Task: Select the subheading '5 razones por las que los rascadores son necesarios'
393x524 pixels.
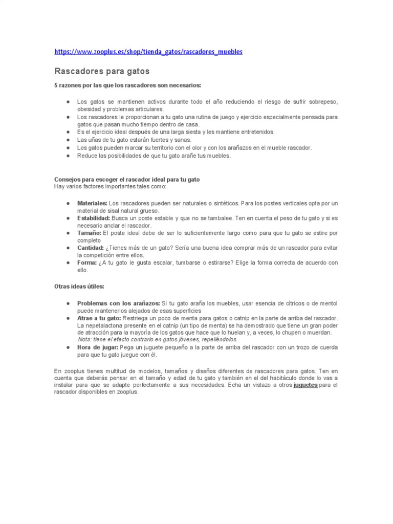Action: (128, 85)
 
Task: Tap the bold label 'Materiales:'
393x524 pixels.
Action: (92, 203)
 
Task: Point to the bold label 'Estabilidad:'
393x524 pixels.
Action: (93, 218)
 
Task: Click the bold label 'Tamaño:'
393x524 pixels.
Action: (89, 233)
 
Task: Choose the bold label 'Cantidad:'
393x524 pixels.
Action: (91, 248)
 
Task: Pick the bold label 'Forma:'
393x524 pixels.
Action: (87, 263)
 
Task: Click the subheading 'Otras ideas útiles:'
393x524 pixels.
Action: (79, 286)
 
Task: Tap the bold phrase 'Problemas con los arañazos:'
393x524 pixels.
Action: (118, 303)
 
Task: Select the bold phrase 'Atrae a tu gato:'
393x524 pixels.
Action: (99, 318)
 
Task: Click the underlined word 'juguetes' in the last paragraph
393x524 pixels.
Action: (305, 385)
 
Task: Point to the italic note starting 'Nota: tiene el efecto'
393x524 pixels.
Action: (158, 340)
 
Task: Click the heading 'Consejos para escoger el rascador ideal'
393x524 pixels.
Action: (127, 180)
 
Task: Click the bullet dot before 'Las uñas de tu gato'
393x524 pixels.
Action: (68, 140)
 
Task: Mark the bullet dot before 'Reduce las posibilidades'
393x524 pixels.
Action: (68, 156)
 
